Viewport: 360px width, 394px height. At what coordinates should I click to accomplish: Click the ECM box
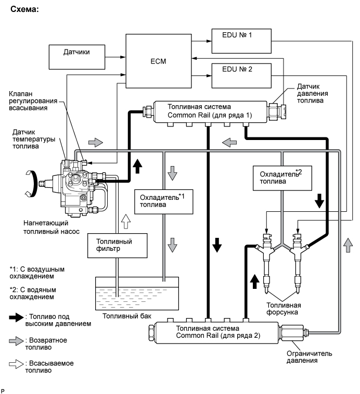tap(159, 61)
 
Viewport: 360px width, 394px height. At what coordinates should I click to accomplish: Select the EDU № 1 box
tap(241, 41)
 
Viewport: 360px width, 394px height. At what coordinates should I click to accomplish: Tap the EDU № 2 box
tap(241, 75)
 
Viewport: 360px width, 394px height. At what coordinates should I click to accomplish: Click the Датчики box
tap(77, 57)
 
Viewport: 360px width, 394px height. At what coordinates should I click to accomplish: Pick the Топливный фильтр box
tap(118, 246)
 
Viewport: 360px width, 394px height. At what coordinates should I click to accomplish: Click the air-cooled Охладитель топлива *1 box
tap(164, 202)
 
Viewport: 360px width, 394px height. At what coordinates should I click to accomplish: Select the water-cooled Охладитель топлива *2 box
tap(282, 178)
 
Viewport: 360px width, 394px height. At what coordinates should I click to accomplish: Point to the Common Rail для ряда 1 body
tap(210, 112)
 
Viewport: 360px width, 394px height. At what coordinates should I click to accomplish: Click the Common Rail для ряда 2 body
tap(216, 333)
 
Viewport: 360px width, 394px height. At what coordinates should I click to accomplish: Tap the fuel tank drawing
tap(137, 293)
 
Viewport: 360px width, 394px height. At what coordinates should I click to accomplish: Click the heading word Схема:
tap(24, 9)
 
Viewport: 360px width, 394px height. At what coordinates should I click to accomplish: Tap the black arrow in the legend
tap(16, 317)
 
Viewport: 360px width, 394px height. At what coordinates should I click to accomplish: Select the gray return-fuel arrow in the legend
tap(16, 341)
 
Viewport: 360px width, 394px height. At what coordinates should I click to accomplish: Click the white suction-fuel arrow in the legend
tap(16, 364)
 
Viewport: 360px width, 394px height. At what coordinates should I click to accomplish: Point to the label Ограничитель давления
tap(309, 357)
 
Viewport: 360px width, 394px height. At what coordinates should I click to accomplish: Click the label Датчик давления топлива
tap(313, 94)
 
